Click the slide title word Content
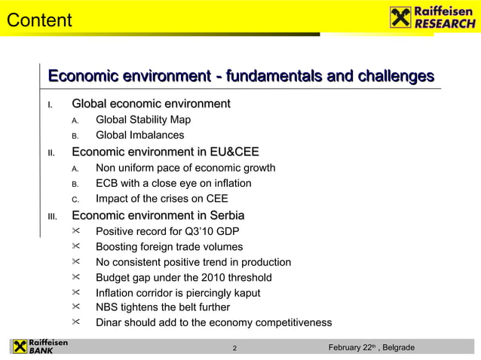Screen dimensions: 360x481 (39, 20)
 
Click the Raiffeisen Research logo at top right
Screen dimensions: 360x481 (433, 17)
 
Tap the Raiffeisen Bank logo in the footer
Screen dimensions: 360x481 (39, 346)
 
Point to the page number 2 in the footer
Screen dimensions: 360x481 (235, 348)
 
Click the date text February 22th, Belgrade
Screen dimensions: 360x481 (372, 347)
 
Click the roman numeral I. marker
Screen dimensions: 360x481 (51, 104)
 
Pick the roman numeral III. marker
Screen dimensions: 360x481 (52, 216)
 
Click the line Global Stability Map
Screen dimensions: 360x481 (143, 120)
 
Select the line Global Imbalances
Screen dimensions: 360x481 (139, 136)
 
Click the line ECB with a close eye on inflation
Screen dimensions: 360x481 (173, 184)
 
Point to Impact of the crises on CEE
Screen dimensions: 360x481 (161, 200)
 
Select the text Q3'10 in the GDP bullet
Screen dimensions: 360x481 (195, 232)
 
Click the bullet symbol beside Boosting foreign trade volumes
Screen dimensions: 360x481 (75, 247)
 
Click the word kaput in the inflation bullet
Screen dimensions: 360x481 (246, 293)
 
